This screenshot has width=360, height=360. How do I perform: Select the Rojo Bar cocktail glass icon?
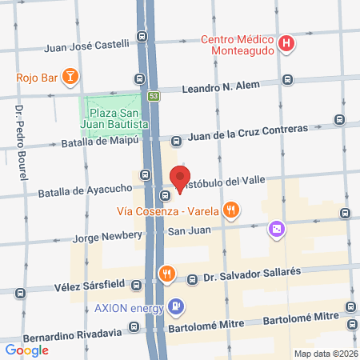(x=70, y=78)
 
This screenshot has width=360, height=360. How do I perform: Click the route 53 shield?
(x=154, y=95)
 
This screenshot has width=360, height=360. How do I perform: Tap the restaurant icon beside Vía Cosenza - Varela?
(x=231, y=211)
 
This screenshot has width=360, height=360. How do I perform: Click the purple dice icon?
(x=275, y=230)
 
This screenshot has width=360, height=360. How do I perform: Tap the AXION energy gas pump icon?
(x=176, y=307)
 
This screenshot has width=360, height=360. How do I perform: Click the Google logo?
(x=26, y=349)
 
